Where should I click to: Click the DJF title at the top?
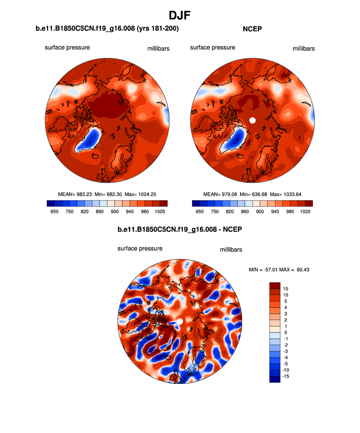pos(179,15)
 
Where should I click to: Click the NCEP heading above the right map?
pos(252,29)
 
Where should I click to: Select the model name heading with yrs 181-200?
pos(107,29)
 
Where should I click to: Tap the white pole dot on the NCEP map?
pos(252,120)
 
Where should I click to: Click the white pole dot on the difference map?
pos(179,321)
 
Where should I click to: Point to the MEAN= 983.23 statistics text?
pos(74,194)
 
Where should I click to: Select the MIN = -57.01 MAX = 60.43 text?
pos(279,270)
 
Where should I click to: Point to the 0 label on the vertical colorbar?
pos(286,332)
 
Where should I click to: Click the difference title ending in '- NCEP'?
pos(180,229)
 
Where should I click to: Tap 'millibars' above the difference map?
pos(231,249)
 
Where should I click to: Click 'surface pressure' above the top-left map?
pos(67,48)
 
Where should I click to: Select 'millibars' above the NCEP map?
pos(304,49)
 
